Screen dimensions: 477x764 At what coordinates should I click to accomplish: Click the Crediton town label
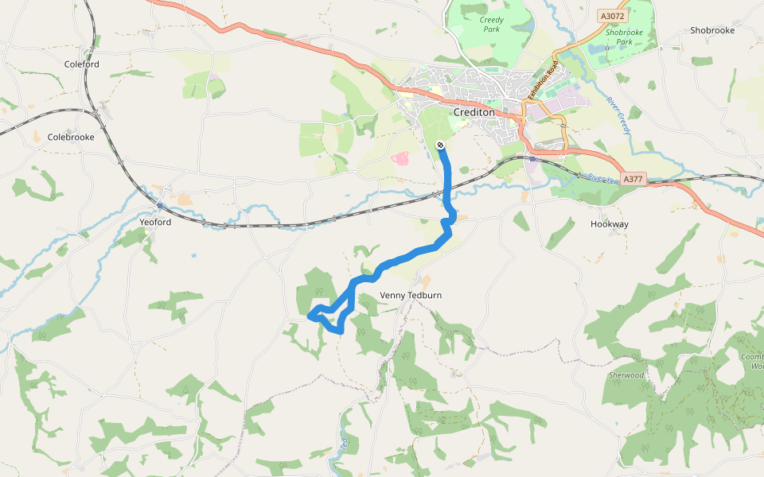[x=474, y=113]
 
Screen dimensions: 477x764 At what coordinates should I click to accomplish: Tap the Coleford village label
[x=82, y=64]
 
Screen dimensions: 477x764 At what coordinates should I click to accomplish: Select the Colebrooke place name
[x=71, y=137]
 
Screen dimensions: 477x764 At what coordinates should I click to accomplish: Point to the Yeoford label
[x=155, y=223]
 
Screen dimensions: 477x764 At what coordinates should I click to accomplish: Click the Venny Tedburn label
[x=410, y=296]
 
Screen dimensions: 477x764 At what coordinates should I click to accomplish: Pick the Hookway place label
[x=610, y=224]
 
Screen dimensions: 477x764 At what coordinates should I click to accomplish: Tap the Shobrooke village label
[x=712, y=30]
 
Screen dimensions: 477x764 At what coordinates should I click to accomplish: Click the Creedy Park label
[x=493, y=25]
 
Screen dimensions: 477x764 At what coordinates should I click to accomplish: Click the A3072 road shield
[x=613, y=15]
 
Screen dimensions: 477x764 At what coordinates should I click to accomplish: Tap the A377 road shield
[x=633, y=180]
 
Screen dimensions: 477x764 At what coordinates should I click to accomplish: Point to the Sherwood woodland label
[x=626, y=375]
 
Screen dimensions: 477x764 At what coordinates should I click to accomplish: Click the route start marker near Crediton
[x=440, y=145]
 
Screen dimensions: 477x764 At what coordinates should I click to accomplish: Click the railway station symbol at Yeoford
[x=159, y=206]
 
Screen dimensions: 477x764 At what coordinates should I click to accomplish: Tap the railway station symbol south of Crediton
[x=532, y=158]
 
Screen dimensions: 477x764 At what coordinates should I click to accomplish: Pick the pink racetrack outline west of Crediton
[x=400, y=158]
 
